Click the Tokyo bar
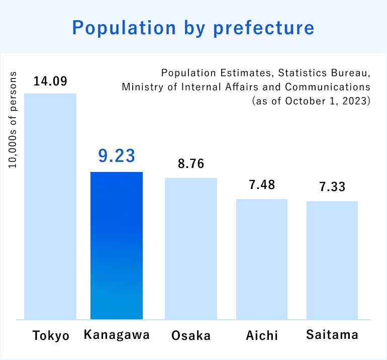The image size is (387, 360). tap(50, 206)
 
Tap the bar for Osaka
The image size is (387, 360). tap(191, 248)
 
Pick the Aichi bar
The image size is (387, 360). tap(262, 259)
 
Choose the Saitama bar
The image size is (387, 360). tap(332, 260)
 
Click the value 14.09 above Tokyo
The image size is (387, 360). tap(50, 81)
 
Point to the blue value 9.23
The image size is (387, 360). tap(117, 156)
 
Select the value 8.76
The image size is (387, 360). tap(191, 164)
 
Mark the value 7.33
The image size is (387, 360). tap(332, 187)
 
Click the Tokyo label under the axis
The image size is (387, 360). tap(51, 335)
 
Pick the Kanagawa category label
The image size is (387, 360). tap(117, 335)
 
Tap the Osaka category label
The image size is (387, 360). tap(191, 335)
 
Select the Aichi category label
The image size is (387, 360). tap(262, 335)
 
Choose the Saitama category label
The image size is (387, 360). tap(332, 335)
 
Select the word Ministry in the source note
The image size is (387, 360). tap(139, 87)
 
